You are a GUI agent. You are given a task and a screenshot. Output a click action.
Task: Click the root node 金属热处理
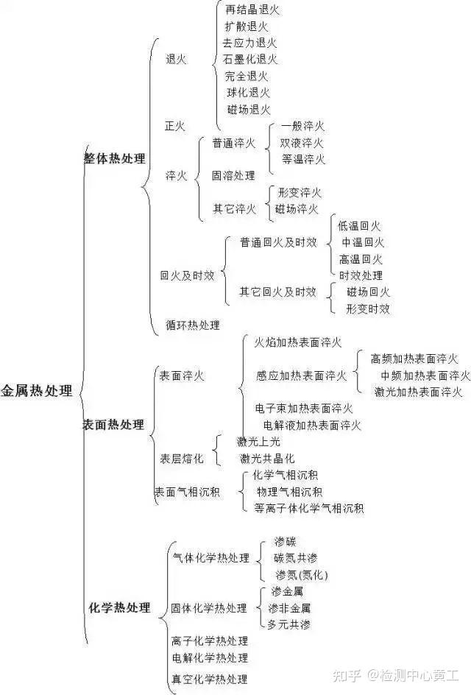(36, 391)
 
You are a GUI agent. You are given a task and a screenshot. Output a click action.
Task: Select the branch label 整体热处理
(115, 158)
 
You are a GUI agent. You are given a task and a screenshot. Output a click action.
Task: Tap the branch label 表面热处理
(114, 425)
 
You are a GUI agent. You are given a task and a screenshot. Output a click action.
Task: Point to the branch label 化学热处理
(119, 607)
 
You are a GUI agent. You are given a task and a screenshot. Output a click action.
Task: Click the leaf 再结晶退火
(252, 10)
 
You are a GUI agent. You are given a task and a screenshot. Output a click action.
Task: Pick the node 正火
(175, 127)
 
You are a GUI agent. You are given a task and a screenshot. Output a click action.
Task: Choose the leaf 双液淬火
(302, 143)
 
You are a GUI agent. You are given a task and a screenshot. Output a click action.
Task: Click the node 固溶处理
(233, 175)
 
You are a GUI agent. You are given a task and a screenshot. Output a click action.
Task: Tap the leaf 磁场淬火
(297, 209)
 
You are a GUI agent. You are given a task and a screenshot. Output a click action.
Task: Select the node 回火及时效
(187, 275)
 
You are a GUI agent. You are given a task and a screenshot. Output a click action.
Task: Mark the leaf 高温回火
(361, 259)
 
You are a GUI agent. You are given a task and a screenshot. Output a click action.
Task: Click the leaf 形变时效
(368, 309)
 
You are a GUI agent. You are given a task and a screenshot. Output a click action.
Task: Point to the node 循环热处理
(193, 325)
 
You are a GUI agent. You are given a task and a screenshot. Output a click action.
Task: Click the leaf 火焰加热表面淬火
(298, 342)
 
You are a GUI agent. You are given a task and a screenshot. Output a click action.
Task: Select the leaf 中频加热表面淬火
(425, 375)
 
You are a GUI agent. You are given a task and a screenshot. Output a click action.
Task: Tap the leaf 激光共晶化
(267, 459)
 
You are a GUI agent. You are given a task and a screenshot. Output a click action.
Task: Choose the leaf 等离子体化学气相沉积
(309, 509)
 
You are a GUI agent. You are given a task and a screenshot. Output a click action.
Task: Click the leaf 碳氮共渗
(296, 558)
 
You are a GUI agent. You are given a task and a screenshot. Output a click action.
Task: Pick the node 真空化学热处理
(210, 679)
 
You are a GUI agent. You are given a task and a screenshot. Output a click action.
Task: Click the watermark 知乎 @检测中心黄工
(396, 676)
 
